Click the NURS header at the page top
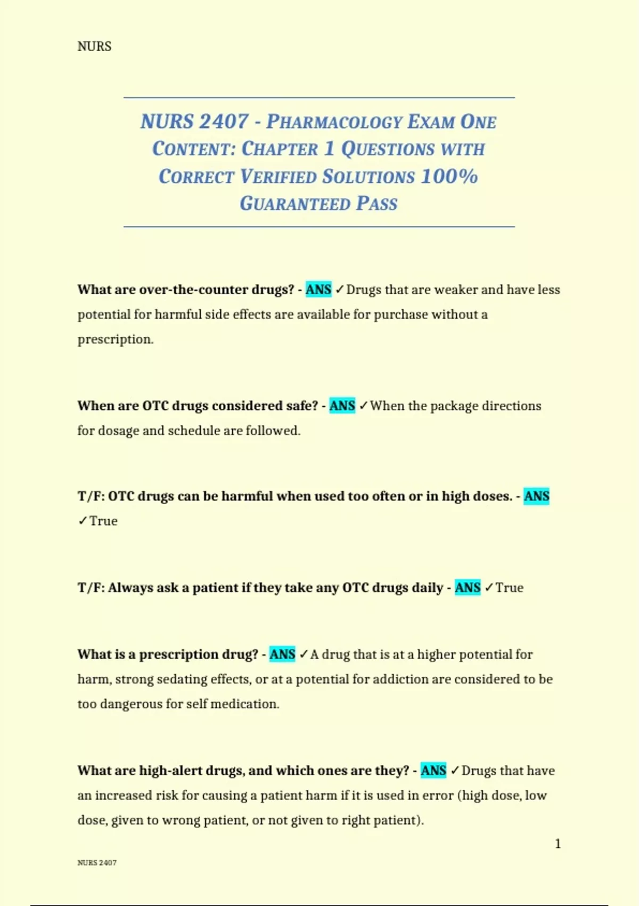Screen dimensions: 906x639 click(x=94, y=46)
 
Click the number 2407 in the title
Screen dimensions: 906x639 click(x=224, y=122)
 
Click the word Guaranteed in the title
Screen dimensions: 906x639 click(x=294, y=204)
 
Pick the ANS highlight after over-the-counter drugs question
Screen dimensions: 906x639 click(x=318, y=289)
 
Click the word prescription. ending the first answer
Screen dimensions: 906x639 click(x=116, y=339)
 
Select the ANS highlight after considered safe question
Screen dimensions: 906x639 click(x=342, y=406)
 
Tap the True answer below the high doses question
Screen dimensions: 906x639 click(x=103, y=521)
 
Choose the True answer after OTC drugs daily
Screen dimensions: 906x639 click(x=510, y=588)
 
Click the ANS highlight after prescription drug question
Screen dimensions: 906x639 click(x=282, y=654)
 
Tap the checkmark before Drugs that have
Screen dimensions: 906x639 click(x=455, y=771)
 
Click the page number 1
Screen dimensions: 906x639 click(x=558, y=844)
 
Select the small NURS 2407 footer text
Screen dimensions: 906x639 click(x=97, y=863)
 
